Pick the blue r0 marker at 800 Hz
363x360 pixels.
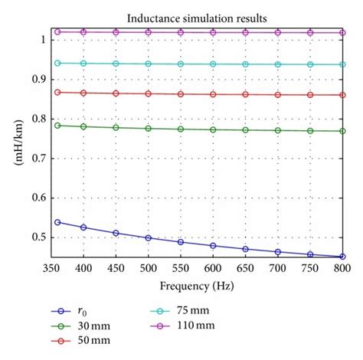pos(342,257)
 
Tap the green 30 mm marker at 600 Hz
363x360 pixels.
pos(213,129)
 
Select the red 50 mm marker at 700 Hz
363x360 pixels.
pos(278,94)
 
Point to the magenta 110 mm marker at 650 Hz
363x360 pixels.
pos(246,33)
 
